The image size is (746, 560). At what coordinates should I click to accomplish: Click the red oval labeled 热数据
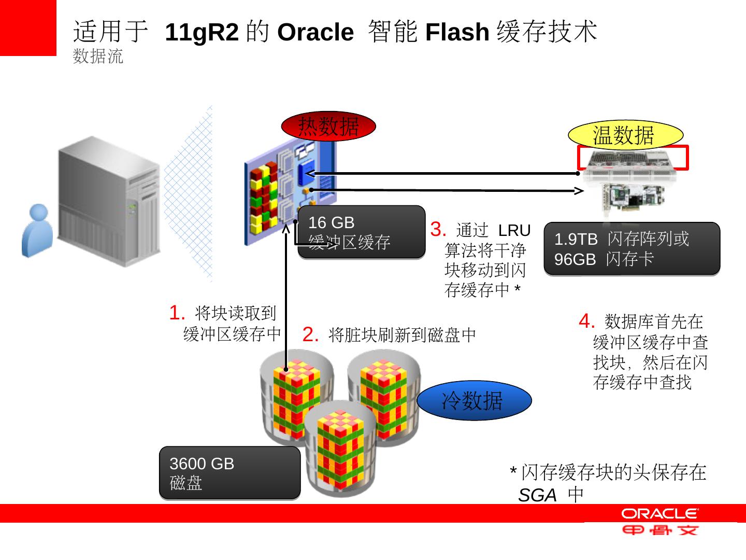(328, 126)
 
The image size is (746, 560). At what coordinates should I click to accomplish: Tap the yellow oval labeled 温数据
(625, 135)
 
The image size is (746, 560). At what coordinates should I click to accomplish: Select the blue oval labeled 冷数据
(474, 400)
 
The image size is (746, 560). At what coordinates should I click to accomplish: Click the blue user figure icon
(37, 231)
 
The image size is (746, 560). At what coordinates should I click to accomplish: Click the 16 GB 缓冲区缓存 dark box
(361, 232)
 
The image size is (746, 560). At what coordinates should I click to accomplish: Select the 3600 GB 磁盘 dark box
(229, 472)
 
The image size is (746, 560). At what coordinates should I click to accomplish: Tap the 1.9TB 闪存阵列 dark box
(632, 248)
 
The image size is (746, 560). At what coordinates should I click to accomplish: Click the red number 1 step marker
(176, 313)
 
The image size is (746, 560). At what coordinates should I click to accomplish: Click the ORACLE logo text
(660, 514)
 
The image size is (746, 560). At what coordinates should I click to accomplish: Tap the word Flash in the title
(457, 33)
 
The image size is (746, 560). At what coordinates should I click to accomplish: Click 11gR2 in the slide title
(202, 33)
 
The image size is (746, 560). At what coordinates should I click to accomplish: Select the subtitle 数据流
(98, 57)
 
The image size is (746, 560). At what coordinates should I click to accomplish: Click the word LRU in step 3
(514, 230)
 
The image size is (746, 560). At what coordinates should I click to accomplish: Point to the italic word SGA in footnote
(537, 496)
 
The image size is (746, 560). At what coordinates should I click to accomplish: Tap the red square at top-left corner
(28, 27)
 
